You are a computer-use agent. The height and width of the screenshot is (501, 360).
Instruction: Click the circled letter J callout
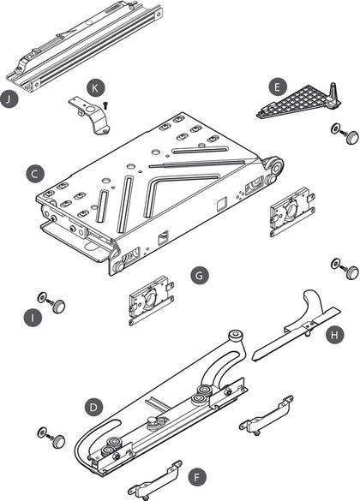[9, 99]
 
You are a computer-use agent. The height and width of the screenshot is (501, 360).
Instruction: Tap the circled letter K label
[95, 88]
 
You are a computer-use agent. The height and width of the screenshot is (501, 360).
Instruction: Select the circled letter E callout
[278, 86]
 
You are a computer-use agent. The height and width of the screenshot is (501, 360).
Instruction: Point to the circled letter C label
[35, 174]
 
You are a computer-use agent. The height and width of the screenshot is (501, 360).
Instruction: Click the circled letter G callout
[200, 276]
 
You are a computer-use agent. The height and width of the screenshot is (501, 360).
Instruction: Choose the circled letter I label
[33, 318]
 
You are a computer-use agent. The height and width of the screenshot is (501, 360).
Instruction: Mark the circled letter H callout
[335, 335]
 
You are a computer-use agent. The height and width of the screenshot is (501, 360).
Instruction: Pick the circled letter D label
[93, 408]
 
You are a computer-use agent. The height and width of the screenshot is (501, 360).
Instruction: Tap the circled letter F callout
[197, 478]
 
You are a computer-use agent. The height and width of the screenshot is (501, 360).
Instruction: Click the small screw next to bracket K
[105, 105]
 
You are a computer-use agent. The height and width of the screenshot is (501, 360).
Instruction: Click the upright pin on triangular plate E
[333, 93]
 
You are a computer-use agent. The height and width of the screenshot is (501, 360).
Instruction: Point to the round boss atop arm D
[236, 337]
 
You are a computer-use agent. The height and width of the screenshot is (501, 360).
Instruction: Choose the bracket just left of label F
[155, 480]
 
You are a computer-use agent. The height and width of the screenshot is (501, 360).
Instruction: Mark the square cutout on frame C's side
[222, 204]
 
